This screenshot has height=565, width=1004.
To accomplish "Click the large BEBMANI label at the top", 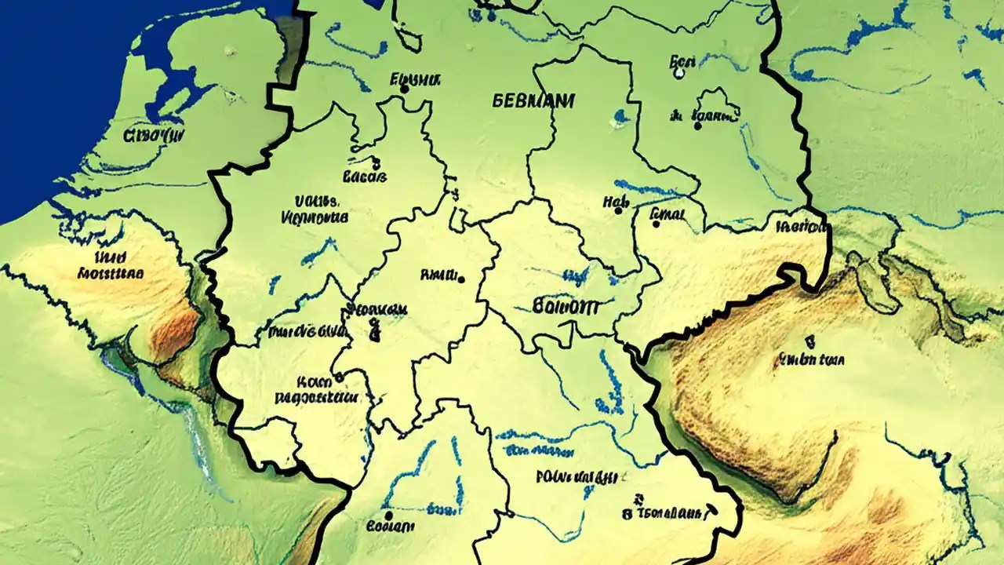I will click(533, 101).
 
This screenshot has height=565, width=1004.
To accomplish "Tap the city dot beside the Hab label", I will click(619, 210).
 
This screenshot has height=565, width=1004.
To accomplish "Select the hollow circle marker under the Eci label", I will click(679, 74).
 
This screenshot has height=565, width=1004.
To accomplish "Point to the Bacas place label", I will click(365, 177).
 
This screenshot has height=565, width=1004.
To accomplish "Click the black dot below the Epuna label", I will click(404, 89).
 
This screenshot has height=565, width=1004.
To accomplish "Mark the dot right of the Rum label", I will click(460, 279).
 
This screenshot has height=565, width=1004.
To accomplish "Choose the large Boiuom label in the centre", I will click(565, 307).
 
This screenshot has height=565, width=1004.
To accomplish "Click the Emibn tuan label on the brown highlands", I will click(810, 360).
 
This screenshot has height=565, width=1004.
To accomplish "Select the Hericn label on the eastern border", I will click(802, 228).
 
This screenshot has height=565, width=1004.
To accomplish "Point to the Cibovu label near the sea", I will click(154, 136).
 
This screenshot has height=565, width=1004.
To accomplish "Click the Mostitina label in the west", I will click(111, 274).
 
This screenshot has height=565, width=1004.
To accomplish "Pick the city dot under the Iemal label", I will click(656, 224).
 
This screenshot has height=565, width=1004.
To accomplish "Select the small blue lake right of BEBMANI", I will click(620, 117).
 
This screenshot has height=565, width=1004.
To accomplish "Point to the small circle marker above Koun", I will click(339, 377).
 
